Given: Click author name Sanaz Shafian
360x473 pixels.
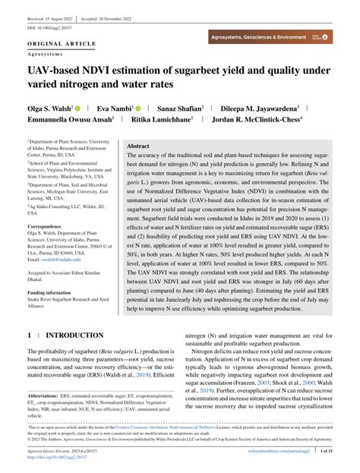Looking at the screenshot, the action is pyautogui.click(x=203, y=109).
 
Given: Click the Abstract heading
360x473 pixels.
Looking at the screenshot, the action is pyautogui.click(x=138, y=146).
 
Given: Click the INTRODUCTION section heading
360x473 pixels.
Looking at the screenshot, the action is pyautogui.click(x=74, y=335).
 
